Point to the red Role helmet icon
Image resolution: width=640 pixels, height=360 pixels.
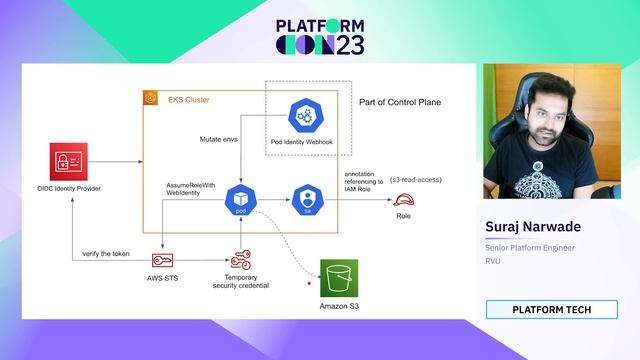click(x=404, y=198)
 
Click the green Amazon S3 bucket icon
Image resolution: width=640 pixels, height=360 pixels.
click(x=338, y=275)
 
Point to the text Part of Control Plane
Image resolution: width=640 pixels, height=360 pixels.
click(x=400, y=103)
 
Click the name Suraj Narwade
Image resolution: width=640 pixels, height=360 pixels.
click(x=533, y=227)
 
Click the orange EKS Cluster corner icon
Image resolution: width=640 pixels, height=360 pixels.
click(x=151, y=97)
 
